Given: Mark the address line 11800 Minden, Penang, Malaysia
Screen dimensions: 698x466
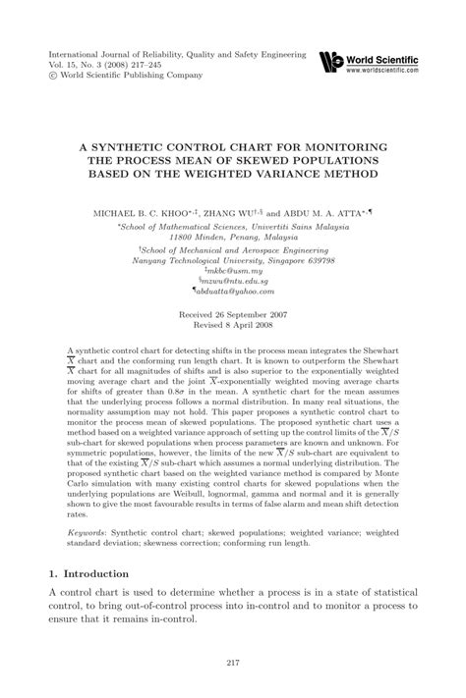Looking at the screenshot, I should [233, 237].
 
